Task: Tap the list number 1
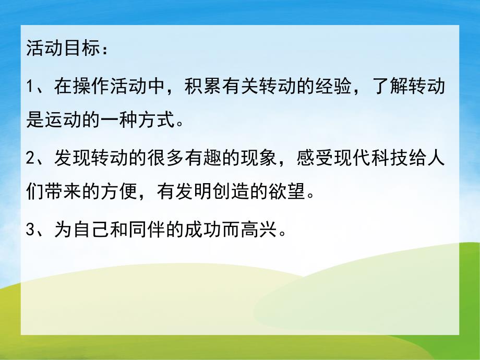coord(30,87)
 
